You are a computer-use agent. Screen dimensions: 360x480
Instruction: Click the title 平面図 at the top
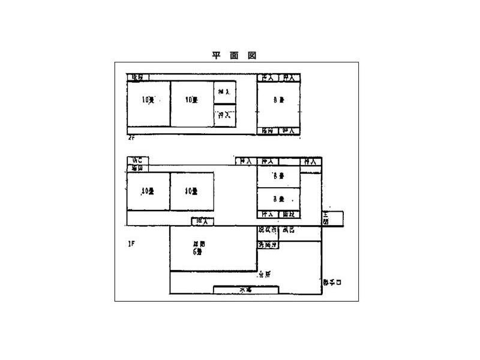tap(234, 55)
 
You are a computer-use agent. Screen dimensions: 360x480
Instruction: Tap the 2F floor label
tap(131, 138)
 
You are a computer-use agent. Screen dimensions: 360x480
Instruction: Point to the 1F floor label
tap(131, 244)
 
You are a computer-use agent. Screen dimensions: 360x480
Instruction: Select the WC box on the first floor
tap(137, 161)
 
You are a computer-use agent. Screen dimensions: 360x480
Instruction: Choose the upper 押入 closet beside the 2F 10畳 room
tap(225, 92)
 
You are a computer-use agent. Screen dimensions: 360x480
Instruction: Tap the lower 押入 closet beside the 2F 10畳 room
tap(225, 115)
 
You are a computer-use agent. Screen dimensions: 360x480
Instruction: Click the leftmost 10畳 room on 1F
tap(148, 191)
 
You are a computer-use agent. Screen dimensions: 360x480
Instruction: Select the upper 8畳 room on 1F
tap(278, 176)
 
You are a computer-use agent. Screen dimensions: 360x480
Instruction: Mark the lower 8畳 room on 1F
tap(278, 198)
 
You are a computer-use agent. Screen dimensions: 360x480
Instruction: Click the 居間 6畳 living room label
tap(199, 248)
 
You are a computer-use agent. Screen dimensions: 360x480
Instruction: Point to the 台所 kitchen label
tap(264, 274)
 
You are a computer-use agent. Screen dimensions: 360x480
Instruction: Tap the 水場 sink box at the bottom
tap(245, 290)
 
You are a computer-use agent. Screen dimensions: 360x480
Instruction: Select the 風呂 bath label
tap(288, 230)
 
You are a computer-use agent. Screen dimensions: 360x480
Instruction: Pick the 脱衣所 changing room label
tap(268, 230)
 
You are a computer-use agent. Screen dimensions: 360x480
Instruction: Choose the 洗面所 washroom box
tap(268, 245)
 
